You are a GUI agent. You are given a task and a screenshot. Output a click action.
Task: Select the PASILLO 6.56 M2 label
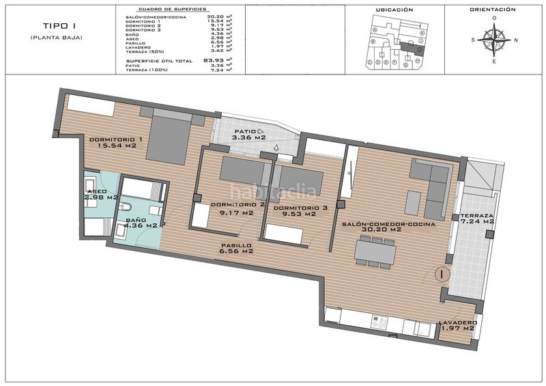click(236, 248)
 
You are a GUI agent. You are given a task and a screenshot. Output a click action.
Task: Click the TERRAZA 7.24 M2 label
click(477, 217)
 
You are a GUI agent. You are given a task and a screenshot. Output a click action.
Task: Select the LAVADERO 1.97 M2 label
click(457, 325)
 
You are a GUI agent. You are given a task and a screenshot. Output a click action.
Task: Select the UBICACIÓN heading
click(395, 10)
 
